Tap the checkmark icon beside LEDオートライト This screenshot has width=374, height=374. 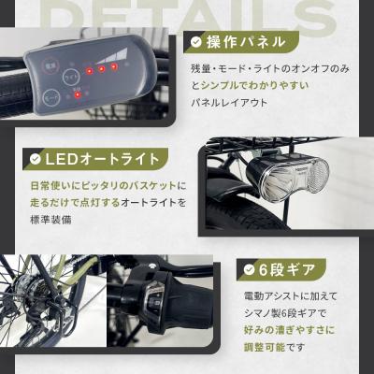(36, 158)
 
